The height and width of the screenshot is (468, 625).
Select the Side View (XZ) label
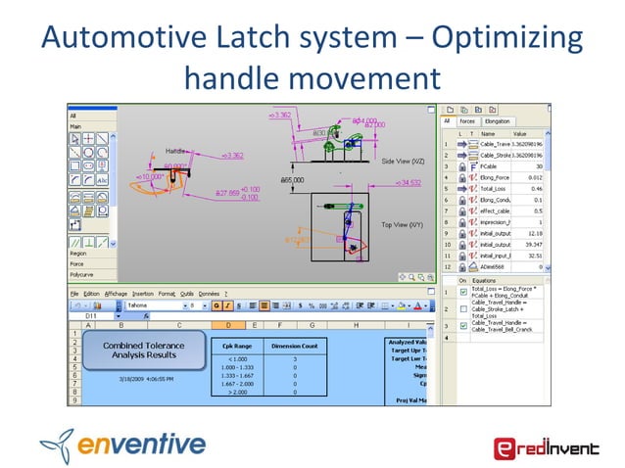pos(404,161)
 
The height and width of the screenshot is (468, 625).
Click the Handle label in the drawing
pos(176,151)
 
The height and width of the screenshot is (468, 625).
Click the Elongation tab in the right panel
pos(496,121)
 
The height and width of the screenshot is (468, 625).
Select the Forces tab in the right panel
pos(468,121)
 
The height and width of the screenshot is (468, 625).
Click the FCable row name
pos(488,165)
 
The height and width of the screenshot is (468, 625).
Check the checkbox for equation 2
pos(463,308)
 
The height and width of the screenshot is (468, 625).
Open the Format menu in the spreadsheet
pos(168,293)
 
